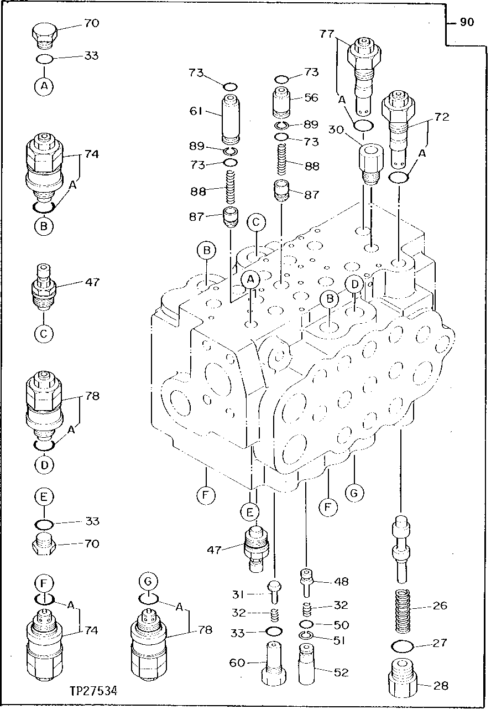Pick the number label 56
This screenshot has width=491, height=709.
click(x=311, y=97)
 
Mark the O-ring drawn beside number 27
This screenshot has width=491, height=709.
click(x=403, y=645)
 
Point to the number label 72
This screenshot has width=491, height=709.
click(x=442, y=117)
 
